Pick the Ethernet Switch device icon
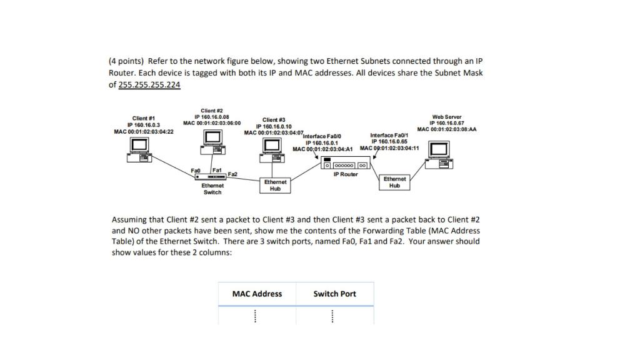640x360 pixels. point(212,177)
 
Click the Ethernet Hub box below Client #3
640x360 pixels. point(275,185)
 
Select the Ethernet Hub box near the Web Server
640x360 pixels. point(394,182)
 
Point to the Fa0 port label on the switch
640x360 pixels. point(196,170)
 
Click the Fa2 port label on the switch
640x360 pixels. point(232,174)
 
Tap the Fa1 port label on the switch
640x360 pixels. point(216,170)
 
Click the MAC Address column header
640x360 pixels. point(257,294)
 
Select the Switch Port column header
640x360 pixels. point(334,294)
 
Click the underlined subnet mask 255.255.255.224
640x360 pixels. point(149,84)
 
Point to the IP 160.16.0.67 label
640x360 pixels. point(446,123)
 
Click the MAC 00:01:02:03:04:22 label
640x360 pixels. point(144,131)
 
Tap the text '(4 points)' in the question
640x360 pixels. point(127,61)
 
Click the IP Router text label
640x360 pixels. point(346,174)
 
